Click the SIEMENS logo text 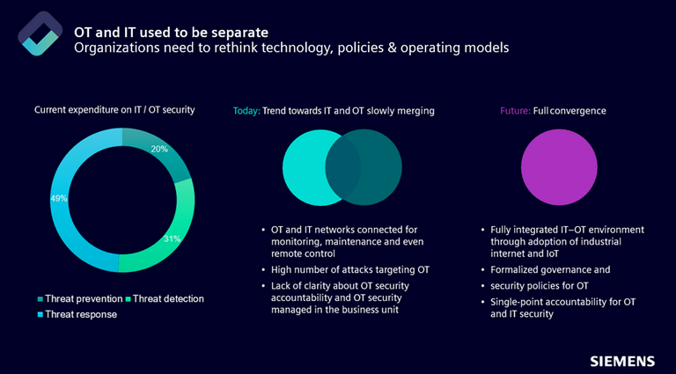pyautogui.click(x=622, y=361)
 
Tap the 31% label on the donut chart pyautogui.click(x=173, y=238)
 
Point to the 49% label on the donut pyautogui.click(x=59, y=199)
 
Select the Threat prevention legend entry pyautogui.click(x=81, y=299)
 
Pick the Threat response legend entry pyautogui.click(x=80, y=314)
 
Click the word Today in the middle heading pyautogui.click(x=246, y=111)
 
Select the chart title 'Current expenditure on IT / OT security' pyautogui.click(x=114, y=110)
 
